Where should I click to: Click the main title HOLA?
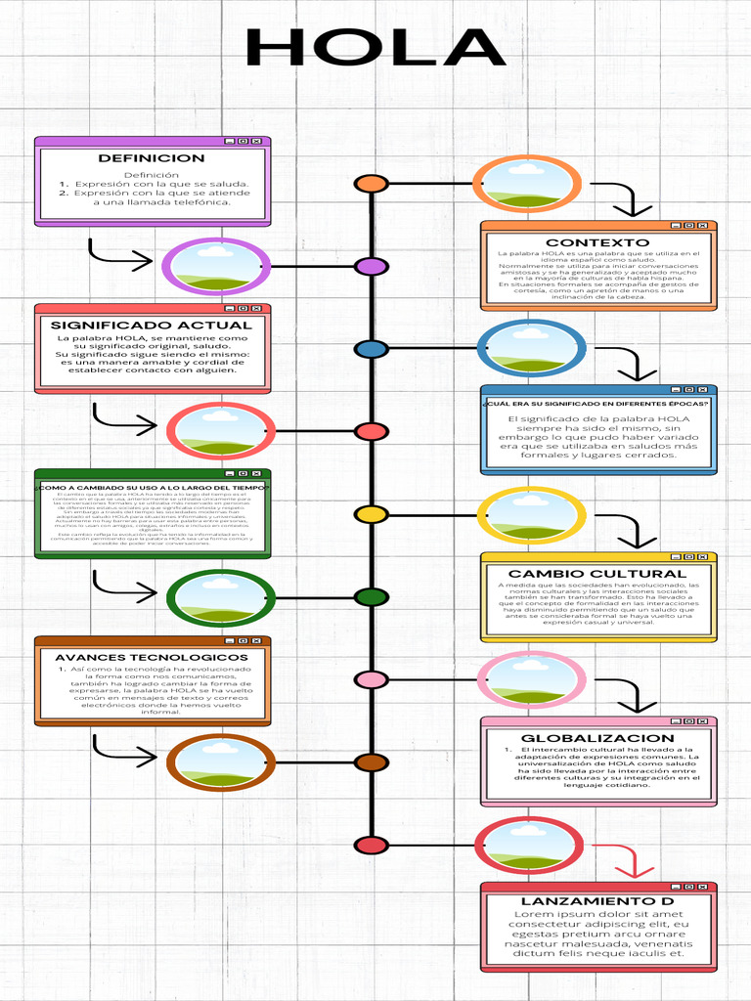[x=375, y=49]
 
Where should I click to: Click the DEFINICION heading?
[x=152, y=158]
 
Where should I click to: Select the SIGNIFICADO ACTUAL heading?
[x=152, y=326]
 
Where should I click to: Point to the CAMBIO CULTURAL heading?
[x=597, y=574]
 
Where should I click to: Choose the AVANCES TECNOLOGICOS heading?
[x=152, y=658]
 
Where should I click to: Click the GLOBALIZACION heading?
[x=597, y=739]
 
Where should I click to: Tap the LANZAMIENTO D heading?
[x=597, y=901]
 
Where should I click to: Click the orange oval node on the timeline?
[x=371, y=184]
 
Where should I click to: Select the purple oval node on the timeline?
[x=371, y=267]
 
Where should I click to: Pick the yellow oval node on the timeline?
[x=371, y=514]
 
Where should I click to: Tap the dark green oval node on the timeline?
[x=371, y=597]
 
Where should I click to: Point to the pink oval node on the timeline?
[x=371, y=679]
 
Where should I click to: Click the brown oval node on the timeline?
[x=371, y=762]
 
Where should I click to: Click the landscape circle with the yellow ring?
[x=531, y=515]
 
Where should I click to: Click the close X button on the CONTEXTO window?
[x=702, y=226]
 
